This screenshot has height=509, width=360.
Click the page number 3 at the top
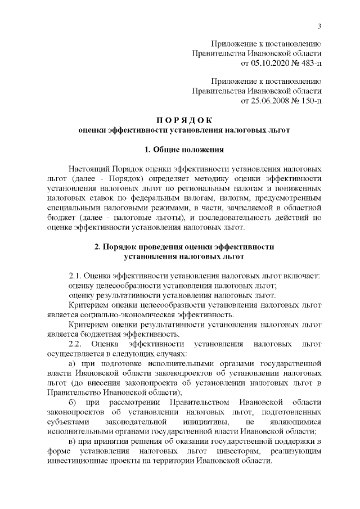319,26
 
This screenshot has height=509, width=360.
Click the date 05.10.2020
261,62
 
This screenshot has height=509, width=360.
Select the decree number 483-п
307,62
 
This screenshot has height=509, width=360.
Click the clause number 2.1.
75,276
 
